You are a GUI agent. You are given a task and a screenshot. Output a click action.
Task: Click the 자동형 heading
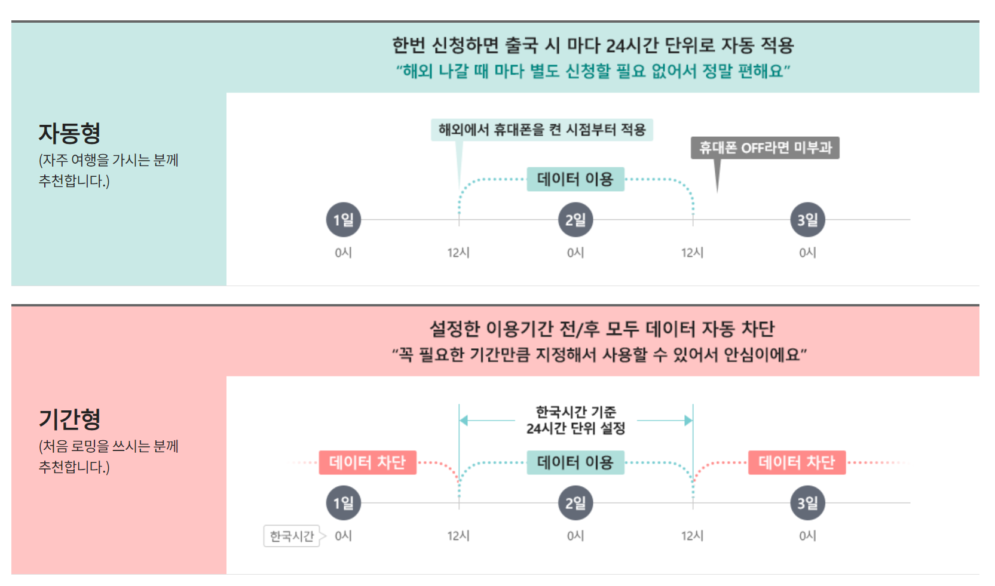69,133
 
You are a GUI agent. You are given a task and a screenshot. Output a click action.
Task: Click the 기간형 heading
69,419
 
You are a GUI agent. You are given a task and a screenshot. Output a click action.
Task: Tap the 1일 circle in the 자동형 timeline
344,220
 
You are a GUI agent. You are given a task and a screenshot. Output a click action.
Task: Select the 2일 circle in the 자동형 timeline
575,220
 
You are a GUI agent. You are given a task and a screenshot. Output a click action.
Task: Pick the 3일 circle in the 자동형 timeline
807,220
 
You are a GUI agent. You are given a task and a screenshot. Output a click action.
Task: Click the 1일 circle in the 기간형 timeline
344,503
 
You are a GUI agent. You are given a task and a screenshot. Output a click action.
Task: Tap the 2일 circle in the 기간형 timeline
575,503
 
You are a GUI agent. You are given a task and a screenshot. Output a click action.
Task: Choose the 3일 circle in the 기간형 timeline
807,503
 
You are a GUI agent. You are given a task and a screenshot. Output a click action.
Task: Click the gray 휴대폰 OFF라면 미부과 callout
765,148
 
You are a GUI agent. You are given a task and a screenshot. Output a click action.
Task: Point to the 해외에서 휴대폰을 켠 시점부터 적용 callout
541,130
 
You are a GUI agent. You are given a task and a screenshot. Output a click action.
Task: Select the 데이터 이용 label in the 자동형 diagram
575,179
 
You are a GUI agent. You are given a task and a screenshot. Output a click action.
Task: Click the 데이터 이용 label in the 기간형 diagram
575,462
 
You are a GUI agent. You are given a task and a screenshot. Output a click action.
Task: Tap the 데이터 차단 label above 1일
368,462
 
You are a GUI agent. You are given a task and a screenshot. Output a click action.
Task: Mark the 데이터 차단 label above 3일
797,462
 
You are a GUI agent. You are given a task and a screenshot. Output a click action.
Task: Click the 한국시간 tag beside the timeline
292,536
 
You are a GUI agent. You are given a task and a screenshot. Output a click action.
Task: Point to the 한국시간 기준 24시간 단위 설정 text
575,420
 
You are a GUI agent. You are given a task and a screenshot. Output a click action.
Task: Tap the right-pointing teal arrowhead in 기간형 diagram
688,421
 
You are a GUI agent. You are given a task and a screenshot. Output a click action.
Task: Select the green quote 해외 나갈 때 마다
593,71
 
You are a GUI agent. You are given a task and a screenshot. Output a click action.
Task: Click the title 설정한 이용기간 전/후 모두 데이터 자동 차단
602,329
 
